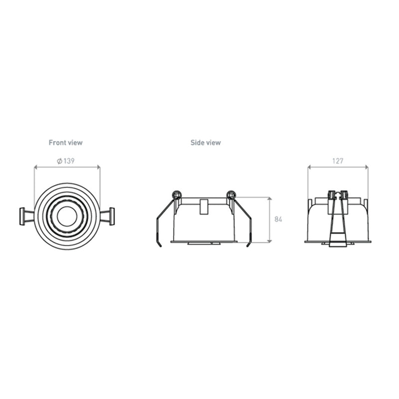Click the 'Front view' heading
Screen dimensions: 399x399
tap(65, 143)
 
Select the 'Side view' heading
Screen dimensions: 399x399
tap(205, 143)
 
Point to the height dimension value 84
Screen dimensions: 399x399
tap(278, 219)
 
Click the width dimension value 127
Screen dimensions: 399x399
tap(337, 161)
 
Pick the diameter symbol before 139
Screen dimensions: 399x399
tap(59, 161)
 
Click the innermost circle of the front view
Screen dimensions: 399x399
tap(66, 216)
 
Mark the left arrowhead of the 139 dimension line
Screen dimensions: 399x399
tap(35, 168)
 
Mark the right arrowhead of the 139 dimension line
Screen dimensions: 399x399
tap(98, 168)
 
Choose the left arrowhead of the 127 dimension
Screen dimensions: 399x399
tap(309, 168)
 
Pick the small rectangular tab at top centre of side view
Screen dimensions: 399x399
tap(203, 206)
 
